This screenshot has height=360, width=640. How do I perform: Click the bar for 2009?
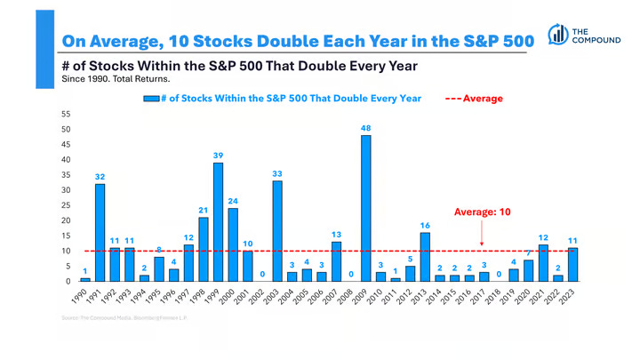tap(366, 208)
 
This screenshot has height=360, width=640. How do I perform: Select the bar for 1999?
tap(218, 222)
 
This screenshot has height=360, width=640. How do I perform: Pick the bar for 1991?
tap(100, 233)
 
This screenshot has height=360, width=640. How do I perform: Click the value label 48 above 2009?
tap(366, 128)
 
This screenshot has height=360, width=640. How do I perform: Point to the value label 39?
tap(218, 156)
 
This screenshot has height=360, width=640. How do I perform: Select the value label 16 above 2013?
tap(425, 226)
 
